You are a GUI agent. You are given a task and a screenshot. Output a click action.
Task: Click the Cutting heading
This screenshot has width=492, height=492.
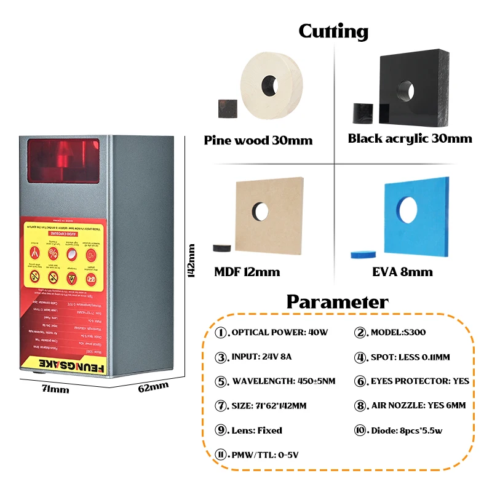(333, 31)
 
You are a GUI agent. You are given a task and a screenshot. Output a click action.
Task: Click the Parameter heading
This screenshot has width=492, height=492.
(337, 302)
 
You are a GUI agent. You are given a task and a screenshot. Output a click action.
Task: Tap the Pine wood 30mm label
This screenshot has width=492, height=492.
(258, 141)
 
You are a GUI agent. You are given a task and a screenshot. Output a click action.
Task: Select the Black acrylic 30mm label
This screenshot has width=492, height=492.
(410, 138)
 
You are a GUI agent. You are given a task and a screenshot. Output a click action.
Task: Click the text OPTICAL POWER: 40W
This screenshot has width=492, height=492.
(280, 333)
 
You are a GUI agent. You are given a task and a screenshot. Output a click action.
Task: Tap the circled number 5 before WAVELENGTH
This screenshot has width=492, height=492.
(221, 381)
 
